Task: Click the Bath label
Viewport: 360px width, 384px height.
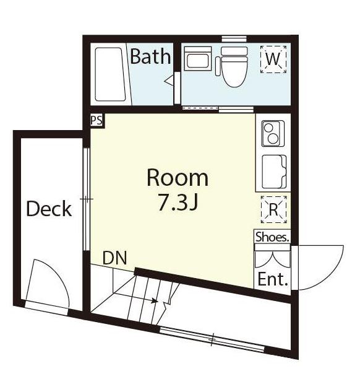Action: tap(150, 56)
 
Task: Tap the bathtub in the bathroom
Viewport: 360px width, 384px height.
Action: tap(110, 74)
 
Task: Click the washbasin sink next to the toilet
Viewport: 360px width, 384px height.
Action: tap(197, 59)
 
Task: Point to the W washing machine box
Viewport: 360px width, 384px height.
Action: tap(273, 59)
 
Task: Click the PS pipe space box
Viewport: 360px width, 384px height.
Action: tap(97, 121)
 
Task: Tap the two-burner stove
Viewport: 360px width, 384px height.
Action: tap(273, 133)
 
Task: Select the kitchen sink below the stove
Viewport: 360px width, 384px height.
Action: tap(274, 172)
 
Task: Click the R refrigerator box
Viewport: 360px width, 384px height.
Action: tap(273, 209)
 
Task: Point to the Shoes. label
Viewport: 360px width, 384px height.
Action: tap(272, 237)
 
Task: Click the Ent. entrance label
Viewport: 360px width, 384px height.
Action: tap(273, 279)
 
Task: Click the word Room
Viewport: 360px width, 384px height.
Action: tap(178, 178)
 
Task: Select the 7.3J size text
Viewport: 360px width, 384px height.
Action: tap(178, 202)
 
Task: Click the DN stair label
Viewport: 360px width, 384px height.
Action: tap(114, 258)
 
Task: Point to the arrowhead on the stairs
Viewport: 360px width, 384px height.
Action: tap(154, 300)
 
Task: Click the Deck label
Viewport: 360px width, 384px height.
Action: tap(49, 209)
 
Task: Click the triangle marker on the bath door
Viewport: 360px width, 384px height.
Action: tap(169, 81)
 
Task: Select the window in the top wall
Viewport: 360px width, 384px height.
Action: tap(234, 38)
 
